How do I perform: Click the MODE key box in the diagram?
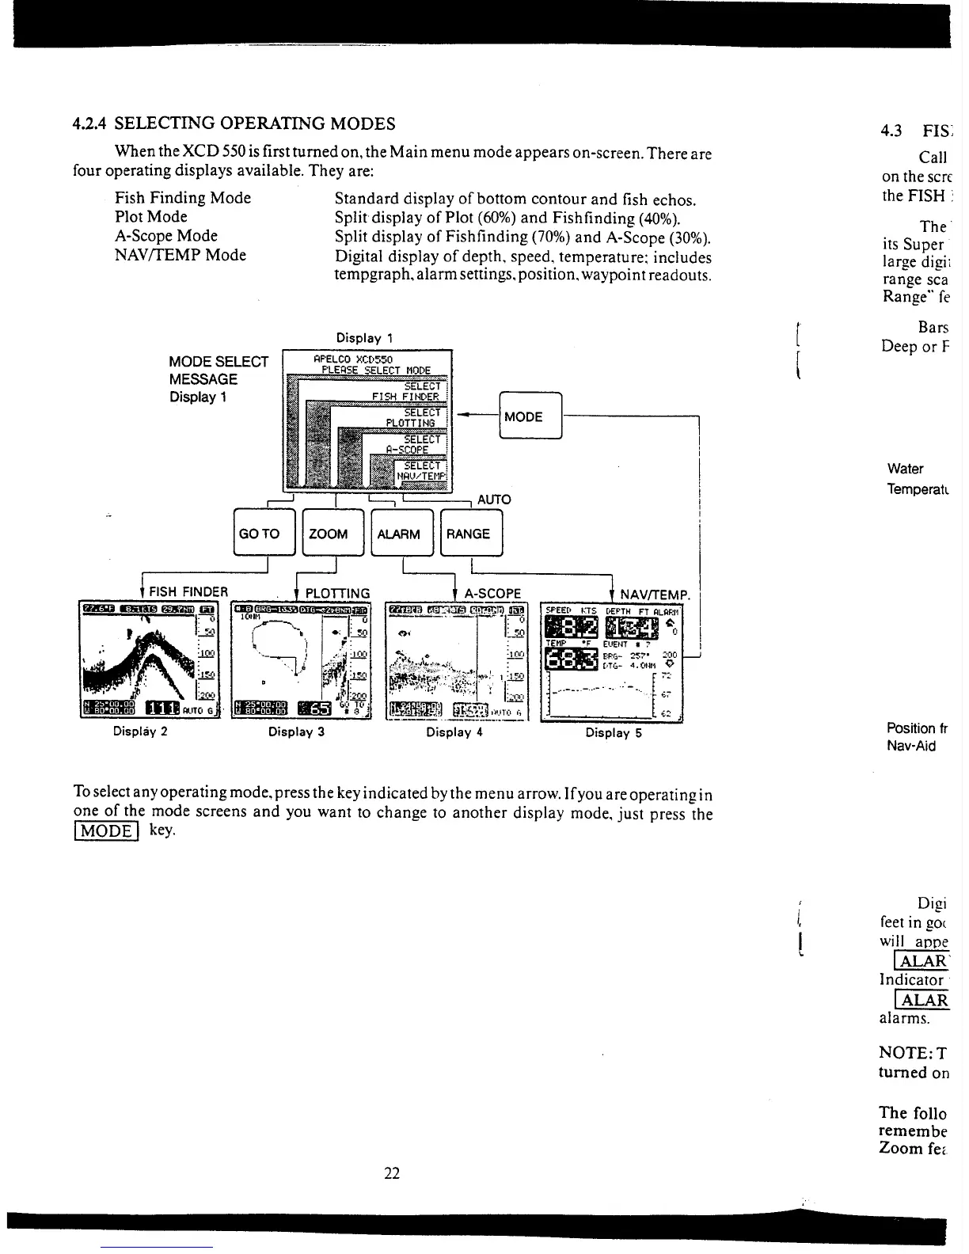tap(530, 416)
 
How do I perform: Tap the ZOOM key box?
tap(329, 534)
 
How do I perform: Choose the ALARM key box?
tap(399, 534)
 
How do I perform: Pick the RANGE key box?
tap(469, 534)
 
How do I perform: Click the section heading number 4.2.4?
tap(91, 123)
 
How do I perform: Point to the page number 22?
tap(392, 1174)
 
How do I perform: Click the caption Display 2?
tap(139, 731)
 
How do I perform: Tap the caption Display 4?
tap(454, 732)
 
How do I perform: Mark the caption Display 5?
tap(614, 732)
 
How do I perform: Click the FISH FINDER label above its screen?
tap(188, 592)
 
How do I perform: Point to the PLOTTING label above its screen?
tap(337, 593)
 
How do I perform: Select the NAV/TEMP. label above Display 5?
tap(655, 594)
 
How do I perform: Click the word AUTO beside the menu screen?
tap(494, 500)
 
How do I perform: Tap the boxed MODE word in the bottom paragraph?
tap(106, 830)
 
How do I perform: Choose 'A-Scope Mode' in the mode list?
tap(166, 236)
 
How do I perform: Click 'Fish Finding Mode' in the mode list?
tap(183, 198)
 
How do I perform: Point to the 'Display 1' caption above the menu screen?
tap(365, 338)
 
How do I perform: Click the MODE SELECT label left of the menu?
tap(218, 362)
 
